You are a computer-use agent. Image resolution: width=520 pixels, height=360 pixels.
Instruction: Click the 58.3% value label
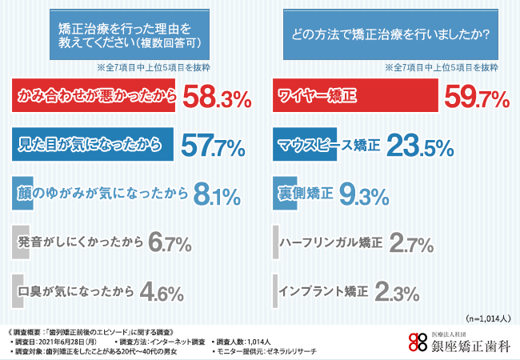(217, 98)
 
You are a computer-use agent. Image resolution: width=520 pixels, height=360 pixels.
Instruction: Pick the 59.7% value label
(477, 98)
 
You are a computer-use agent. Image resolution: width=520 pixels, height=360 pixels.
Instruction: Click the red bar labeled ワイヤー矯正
(355, 98)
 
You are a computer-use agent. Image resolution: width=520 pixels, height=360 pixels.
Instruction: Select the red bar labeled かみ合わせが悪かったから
(95, 98)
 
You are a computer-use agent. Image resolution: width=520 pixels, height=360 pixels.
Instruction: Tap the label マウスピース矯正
(328, 146)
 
